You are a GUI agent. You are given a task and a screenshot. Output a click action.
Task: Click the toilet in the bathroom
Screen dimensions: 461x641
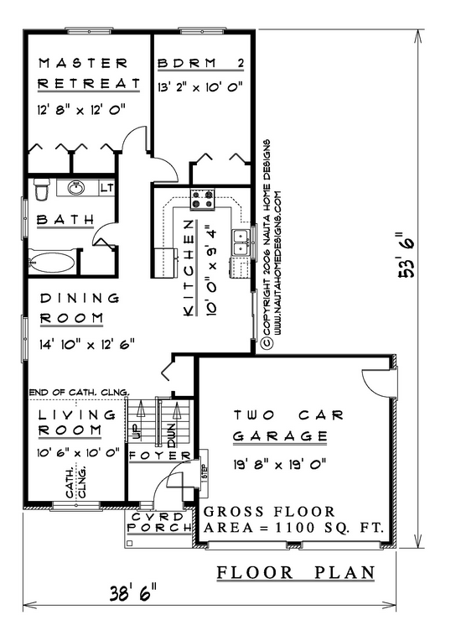41,190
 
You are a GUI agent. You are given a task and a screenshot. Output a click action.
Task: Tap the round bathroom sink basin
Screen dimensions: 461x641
75,188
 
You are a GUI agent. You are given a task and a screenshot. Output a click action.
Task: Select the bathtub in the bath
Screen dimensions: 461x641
52,262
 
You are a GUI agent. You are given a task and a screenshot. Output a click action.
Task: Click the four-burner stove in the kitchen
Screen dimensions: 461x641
202,200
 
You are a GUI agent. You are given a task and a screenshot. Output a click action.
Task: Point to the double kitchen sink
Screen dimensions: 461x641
241,242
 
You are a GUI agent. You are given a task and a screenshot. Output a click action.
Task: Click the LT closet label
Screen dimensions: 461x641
107,188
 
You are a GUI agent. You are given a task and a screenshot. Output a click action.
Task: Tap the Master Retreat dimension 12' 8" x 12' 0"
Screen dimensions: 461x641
81,110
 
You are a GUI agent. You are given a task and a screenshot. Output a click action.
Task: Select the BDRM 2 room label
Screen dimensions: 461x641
201,64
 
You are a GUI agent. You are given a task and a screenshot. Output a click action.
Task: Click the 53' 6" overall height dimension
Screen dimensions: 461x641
407,256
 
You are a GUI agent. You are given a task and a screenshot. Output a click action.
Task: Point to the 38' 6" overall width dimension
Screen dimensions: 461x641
133,592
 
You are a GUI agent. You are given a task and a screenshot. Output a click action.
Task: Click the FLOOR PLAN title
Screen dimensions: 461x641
296,573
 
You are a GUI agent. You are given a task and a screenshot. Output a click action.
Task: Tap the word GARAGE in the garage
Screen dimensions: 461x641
280,436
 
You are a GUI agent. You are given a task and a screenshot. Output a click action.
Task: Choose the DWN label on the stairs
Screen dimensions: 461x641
171,436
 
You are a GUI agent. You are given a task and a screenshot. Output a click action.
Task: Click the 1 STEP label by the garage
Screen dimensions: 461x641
205,472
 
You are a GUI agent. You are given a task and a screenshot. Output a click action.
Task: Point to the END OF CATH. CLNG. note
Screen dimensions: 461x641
80,393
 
